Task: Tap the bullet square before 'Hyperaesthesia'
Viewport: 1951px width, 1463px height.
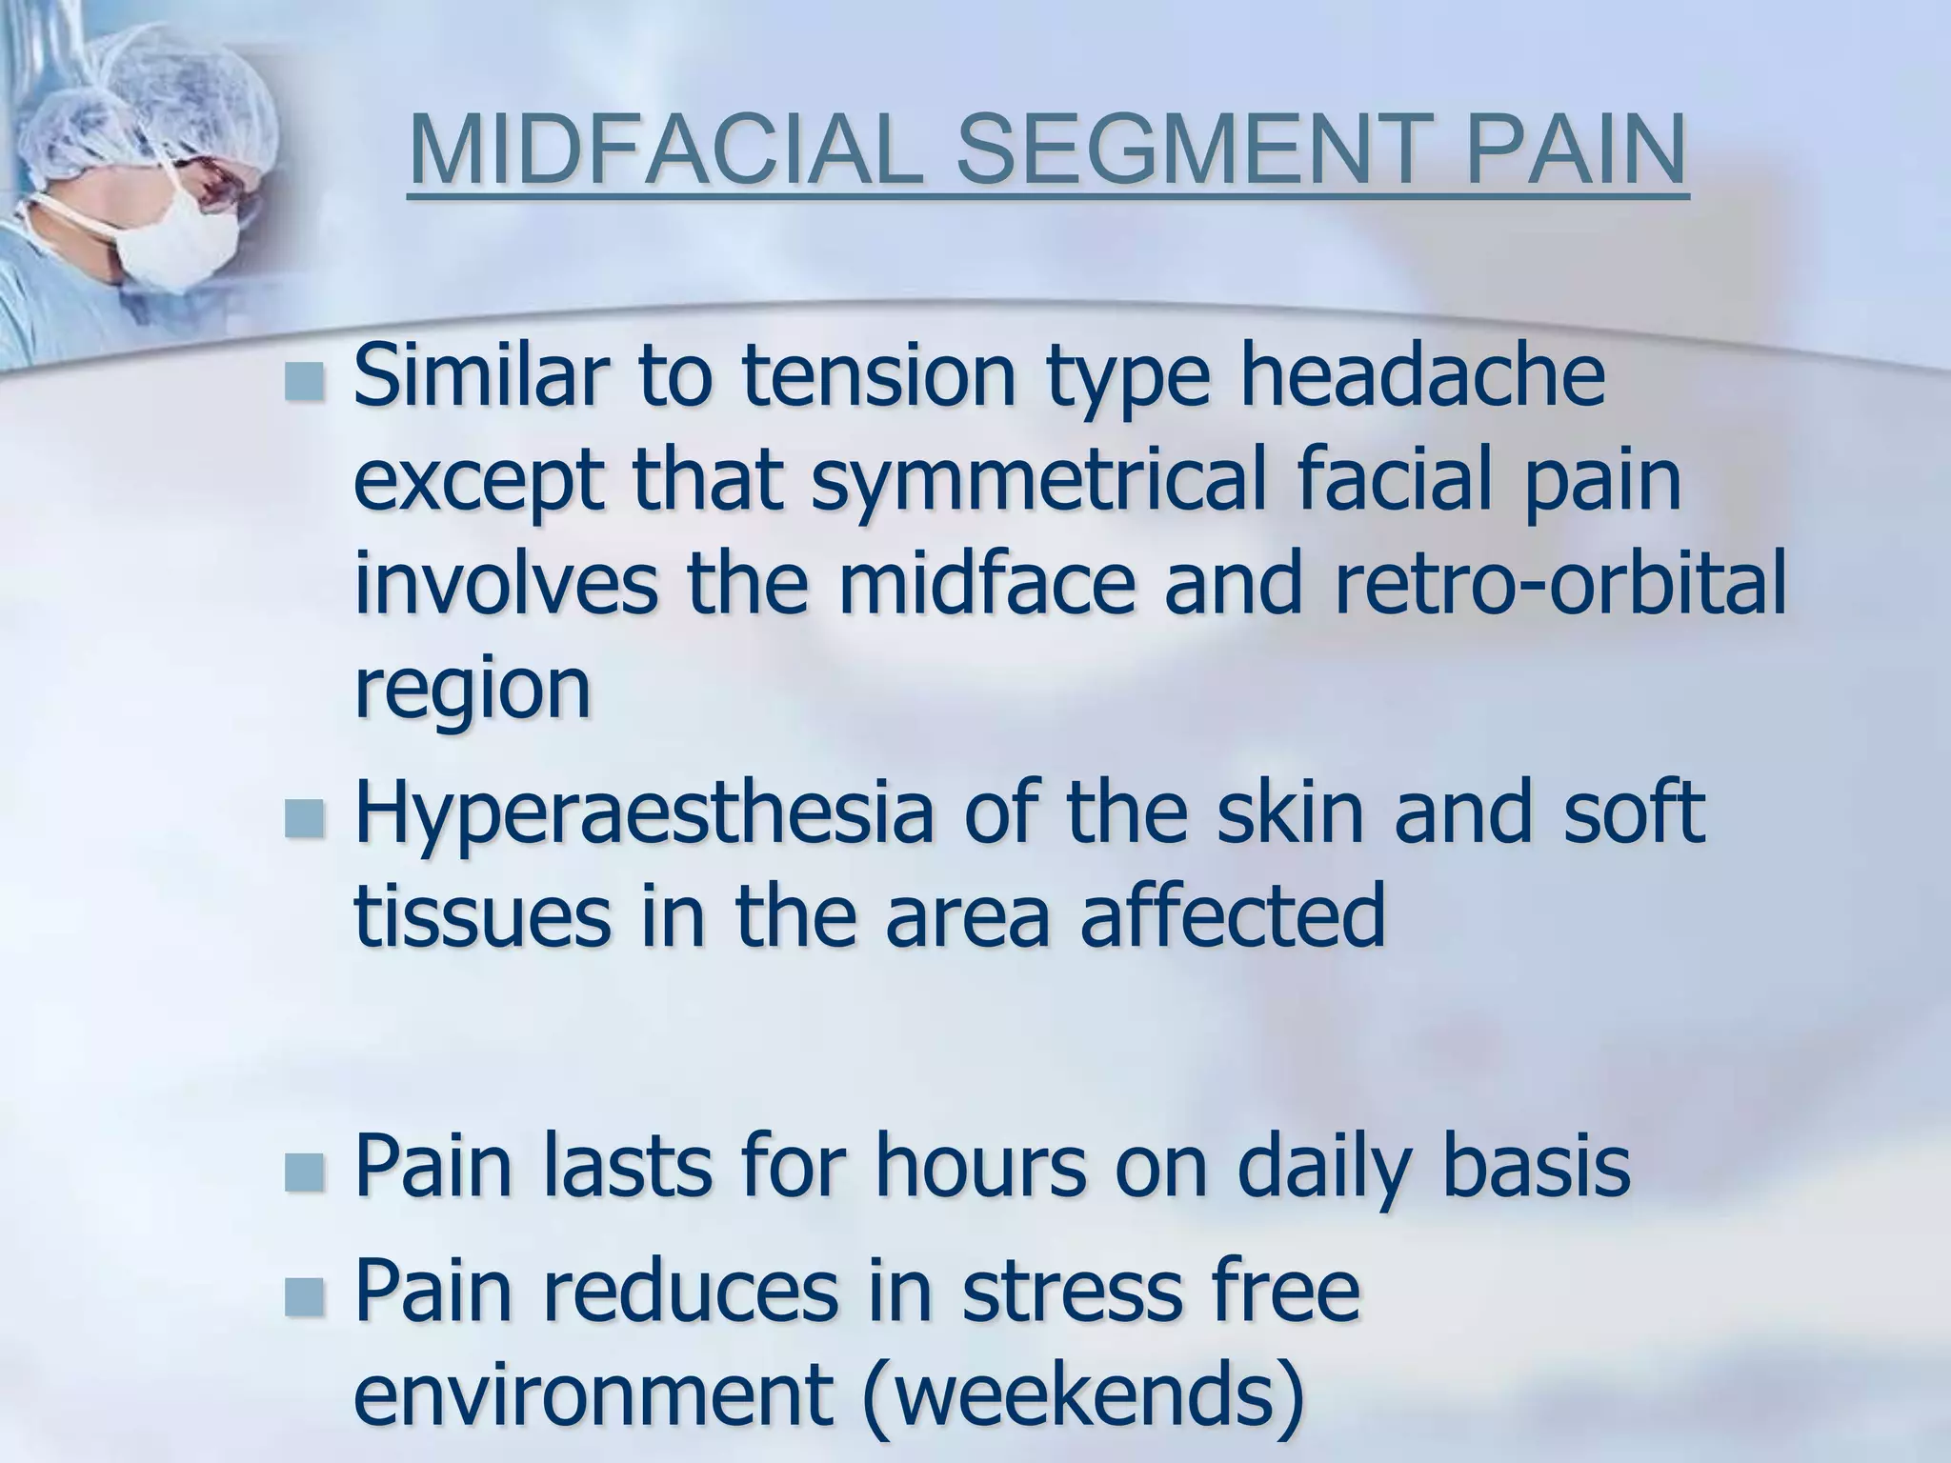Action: coord(304,817)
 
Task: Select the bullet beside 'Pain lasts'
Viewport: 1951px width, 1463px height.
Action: coord(304,1171)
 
